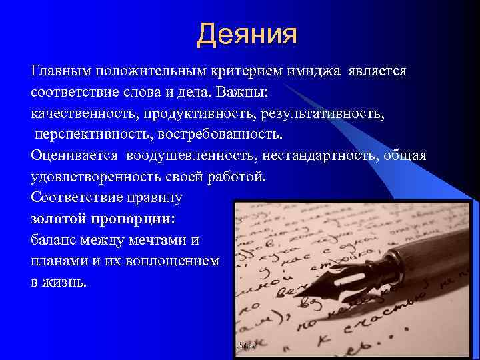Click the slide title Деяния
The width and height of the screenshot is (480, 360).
247,34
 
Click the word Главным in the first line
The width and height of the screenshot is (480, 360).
61,71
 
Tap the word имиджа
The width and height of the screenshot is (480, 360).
313,71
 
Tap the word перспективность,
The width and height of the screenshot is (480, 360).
83,135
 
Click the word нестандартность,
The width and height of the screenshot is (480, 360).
317,156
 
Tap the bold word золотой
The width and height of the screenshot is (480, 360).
58,219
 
